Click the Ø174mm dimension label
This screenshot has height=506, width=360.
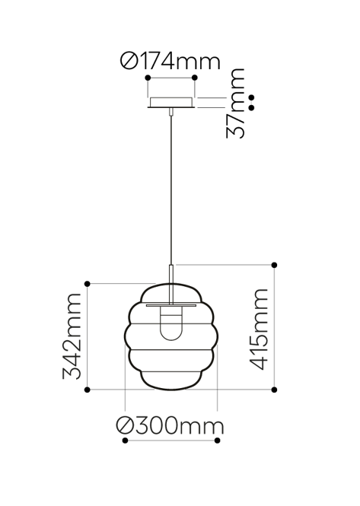(170, 62)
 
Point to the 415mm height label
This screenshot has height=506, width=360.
(259, 329)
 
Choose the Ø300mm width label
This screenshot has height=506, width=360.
(170, 426)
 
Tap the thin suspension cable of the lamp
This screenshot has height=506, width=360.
(172, 190)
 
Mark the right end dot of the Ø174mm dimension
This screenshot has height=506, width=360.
(195, 78)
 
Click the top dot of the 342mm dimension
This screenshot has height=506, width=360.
(88, 284)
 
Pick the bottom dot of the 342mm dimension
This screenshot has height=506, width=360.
(88, 390)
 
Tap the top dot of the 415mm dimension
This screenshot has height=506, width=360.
(274, 265)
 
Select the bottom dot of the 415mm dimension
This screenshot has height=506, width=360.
(274, 390)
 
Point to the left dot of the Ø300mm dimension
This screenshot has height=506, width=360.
(124, 441)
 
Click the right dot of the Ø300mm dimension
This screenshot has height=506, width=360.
(219, 441)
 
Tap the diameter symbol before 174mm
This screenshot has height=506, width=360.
(129, 62)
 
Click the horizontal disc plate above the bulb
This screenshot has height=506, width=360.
(172, 304)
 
